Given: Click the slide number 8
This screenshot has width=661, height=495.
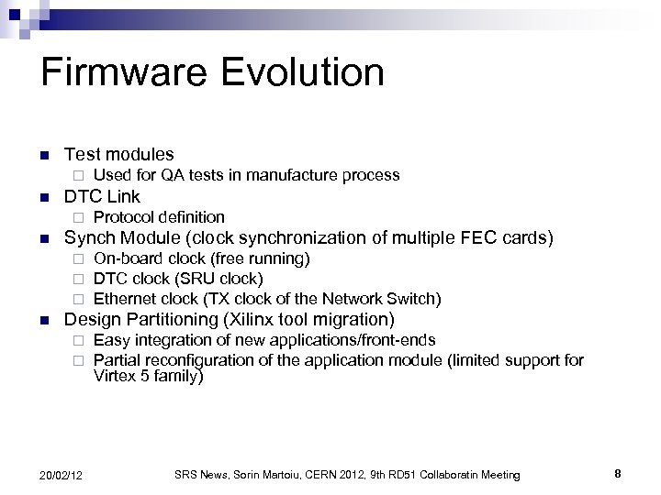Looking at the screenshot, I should (x=618, y=473).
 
